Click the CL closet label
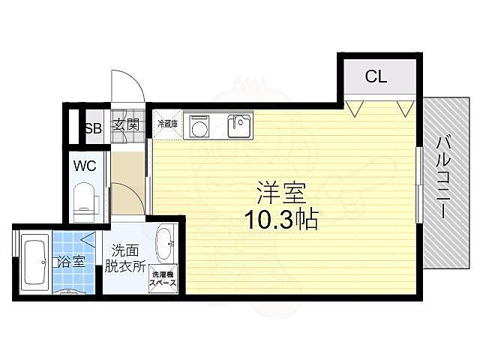point(376,76)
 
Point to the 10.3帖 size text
point(282,220)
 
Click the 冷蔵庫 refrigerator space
point(167,124)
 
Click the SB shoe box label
point(93,127)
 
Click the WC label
point(85,166)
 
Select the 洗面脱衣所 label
point(124,258)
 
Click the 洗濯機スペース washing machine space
point(163,278)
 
